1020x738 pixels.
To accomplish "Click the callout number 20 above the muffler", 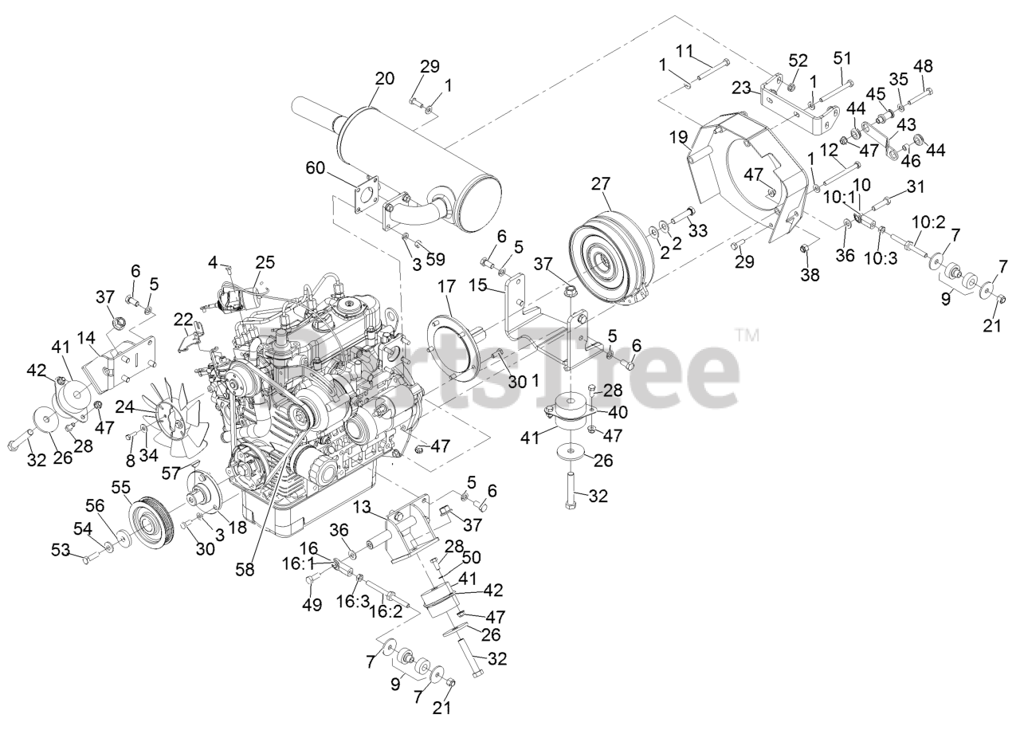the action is point(384,80).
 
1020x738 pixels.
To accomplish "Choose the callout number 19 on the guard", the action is point(679,139).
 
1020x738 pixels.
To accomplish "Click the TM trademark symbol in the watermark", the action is point(747,335).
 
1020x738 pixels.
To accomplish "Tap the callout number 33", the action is point(698,231).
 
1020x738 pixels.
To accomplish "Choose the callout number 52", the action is point(797,61).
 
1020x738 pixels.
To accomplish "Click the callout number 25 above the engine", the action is point(265,262).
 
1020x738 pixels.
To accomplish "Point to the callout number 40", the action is point(618,413).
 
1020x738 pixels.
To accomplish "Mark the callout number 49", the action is point(312,605).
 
